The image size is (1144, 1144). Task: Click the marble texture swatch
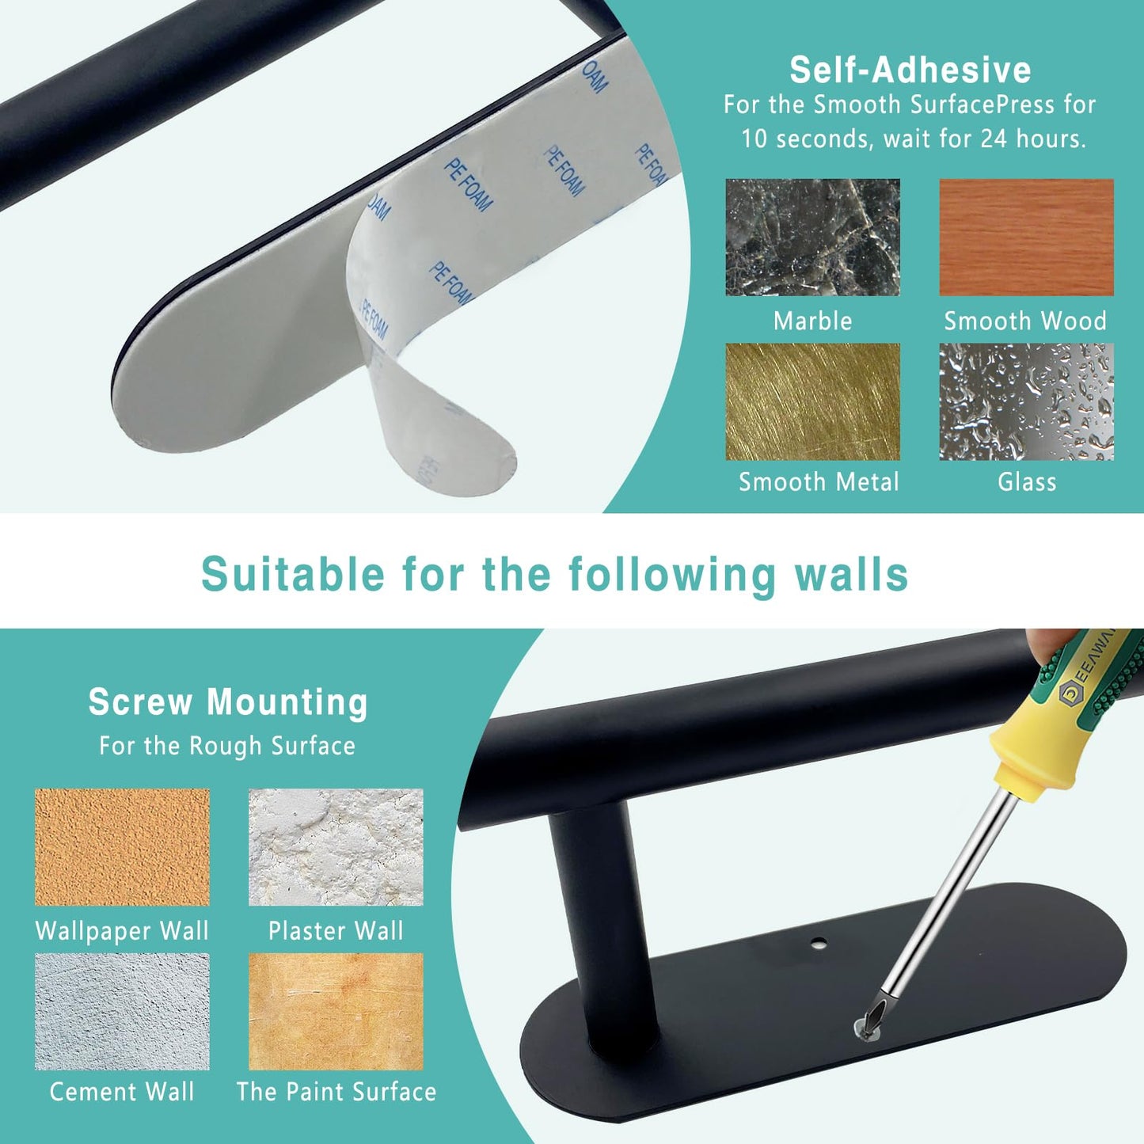[812, 238]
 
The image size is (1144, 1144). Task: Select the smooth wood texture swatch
[1026, 238]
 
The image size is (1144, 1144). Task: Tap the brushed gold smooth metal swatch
[812, 401]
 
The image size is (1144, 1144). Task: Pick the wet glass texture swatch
[1026, 401]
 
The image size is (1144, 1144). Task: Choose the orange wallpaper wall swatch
[122, 847]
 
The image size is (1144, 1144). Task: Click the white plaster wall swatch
[336, 847]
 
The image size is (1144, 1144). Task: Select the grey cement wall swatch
[122, 1011]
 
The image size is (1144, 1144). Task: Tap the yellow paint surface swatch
[336, 1011]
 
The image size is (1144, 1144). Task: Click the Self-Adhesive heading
[910, 70]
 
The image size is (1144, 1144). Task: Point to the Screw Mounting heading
[228, 702]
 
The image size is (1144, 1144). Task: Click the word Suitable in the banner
[293, 574]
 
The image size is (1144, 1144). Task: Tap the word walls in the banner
[851, 574]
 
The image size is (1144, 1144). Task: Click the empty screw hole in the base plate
[819, 944]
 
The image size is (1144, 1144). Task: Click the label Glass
[1027, 481]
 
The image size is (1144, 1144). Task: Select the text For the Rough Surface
[227, 746]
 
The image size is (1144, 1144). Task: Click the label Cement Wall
[122, 1092]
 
